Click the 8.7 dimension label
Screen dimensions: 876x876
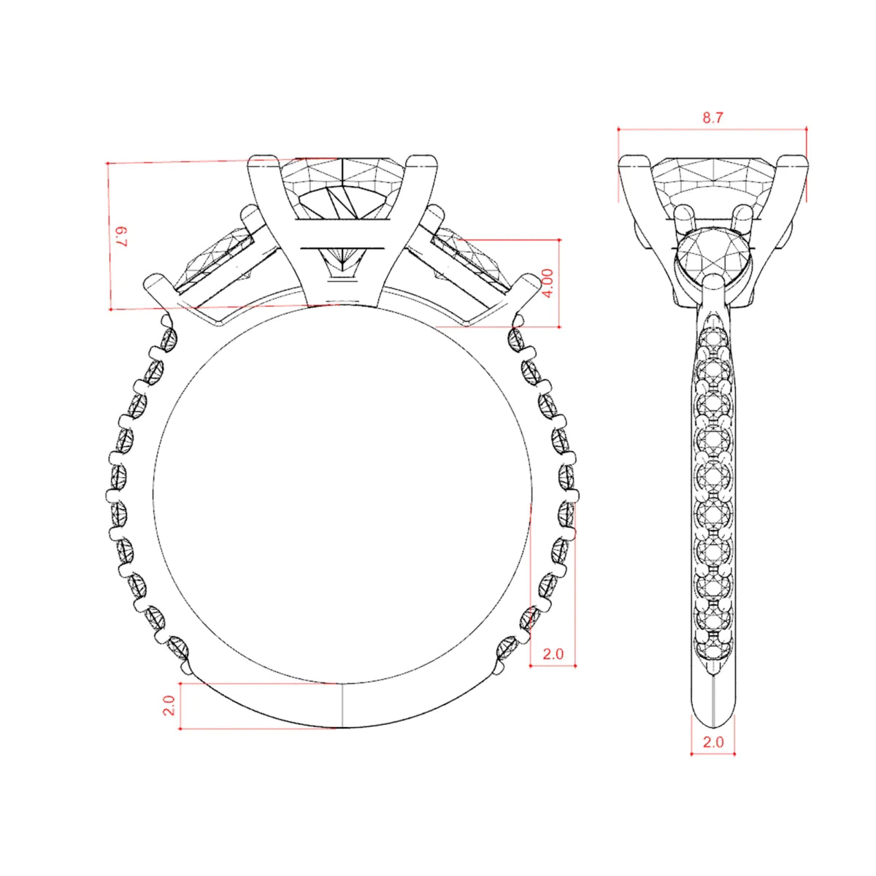tap(712, 118)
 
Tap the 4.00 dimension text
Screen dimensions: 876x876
tap(549, 283)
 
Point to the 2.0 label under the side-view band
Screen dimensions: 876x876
tap(712, 755)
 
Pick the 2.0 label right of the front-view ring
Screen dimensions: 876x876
tap(553, 654)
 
